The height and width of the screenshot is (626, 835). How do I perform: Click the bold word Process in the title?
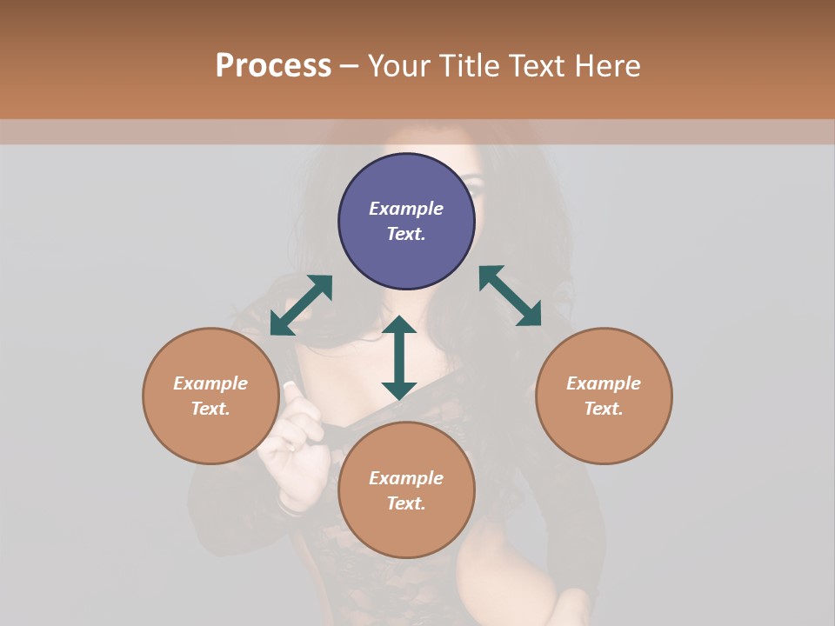(273, 66)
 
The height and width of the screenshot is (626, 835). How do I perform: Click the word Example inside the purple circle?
(406, 209)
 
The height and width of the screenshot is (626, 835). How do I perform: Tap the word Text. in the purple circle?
(406, 234)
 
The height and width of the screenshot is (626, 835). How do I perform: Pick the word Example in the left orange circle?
(210, 383)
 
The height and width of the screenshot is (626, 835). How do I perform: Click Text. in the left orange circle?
(210, 409)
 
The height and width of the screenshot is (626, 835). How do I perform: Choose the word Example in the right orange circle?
(604, 383)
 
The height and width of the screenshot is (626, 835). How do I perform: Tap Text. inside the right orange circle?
(604, 409)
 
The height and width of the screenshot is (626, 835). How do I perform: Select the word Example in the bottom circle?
(406, 478)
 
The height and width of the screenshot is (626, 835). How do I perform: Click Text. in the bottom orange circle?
(406, 503)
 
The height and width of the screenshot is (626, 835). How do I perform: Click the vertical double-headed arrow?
(399, 357)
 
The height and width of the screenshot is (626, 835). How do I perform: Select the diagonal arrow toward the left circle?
(301, 305)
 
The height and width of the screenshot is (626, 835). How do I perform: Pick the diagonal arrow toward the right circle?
(510, 296)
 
